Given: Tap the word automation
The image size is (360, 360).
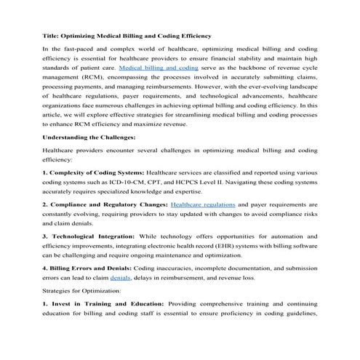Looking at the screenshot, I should click(295, 236).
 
